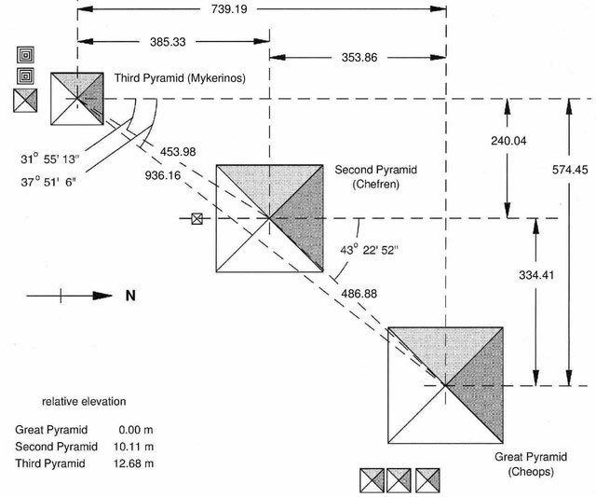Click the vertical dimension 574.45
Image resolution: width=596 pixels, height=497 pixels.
[x=568, y=196]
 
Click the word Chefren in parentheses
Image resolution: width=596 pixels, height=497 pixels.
[x=375, y=186]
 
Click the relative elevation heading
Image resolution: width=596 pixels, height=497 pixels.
[x=84, y=402]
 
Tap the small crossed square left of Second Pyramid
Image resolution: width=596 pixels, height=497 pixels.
[x=196, y=219]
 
